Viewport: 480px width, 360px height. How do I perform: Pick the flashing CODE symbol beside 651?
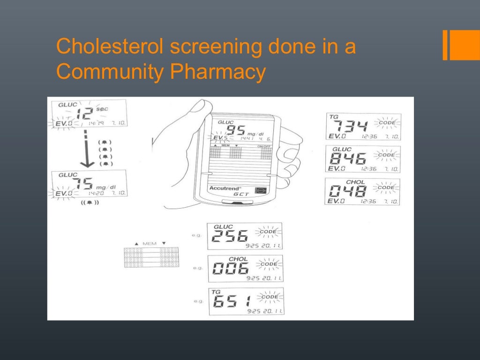[270, 297]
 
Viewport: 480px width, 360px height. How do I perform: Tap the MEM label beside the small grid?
[150, 244]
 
